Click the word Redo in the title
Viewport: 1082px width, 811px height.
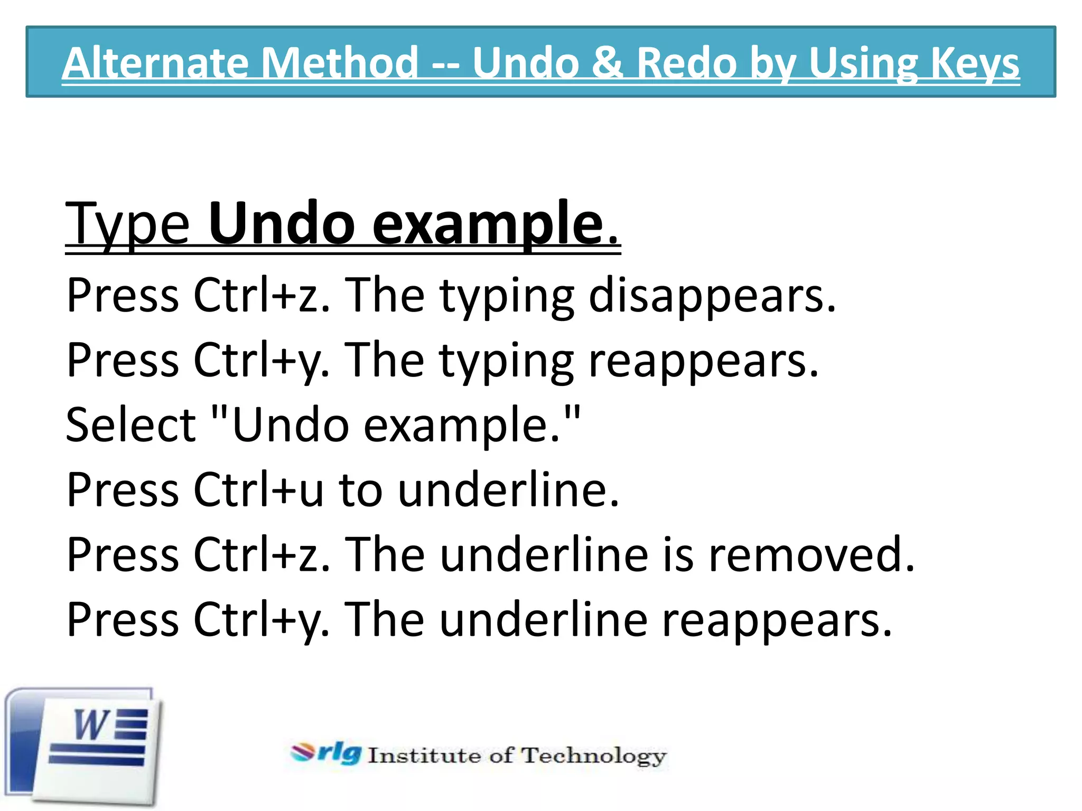[x=686, y=63]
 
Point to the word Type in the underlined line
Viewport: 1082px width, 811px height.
[x=127, y=225]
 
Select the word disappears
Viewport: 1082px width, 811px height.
[x=712, y=296]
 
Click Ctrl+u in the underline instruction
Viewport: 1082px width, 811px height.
[x=258, y=490]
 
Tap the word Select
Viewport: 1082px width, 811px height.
[x=130, y=425]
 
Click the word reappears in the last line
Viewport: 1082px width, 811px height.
[x=776, y=620]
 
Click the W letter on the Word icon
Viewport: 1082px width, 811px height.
[x=91, y=725]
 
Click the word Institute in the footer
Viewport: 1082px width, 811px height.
[x=424, y=756]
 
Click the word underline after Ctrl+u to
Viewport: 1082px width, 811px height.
[x=508, y=490]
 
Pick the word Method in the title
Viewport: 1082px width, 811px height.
[x=339, y=63]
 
